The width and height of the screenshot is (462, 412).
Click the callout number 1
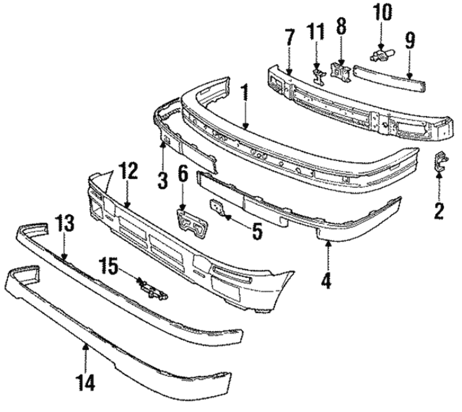tap(243, 94)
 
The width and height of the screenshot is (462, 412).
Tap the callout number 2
tap(438, 211)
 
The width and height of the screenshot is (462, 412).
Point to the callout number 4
tap(327, 280)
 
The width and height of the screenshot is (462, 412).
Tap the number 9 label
tap(409, 42)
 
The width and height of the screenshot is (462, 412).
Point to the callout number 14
tap(86, 382)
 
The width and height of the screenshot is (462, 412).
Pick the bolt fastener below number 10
tap(382, 56)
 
